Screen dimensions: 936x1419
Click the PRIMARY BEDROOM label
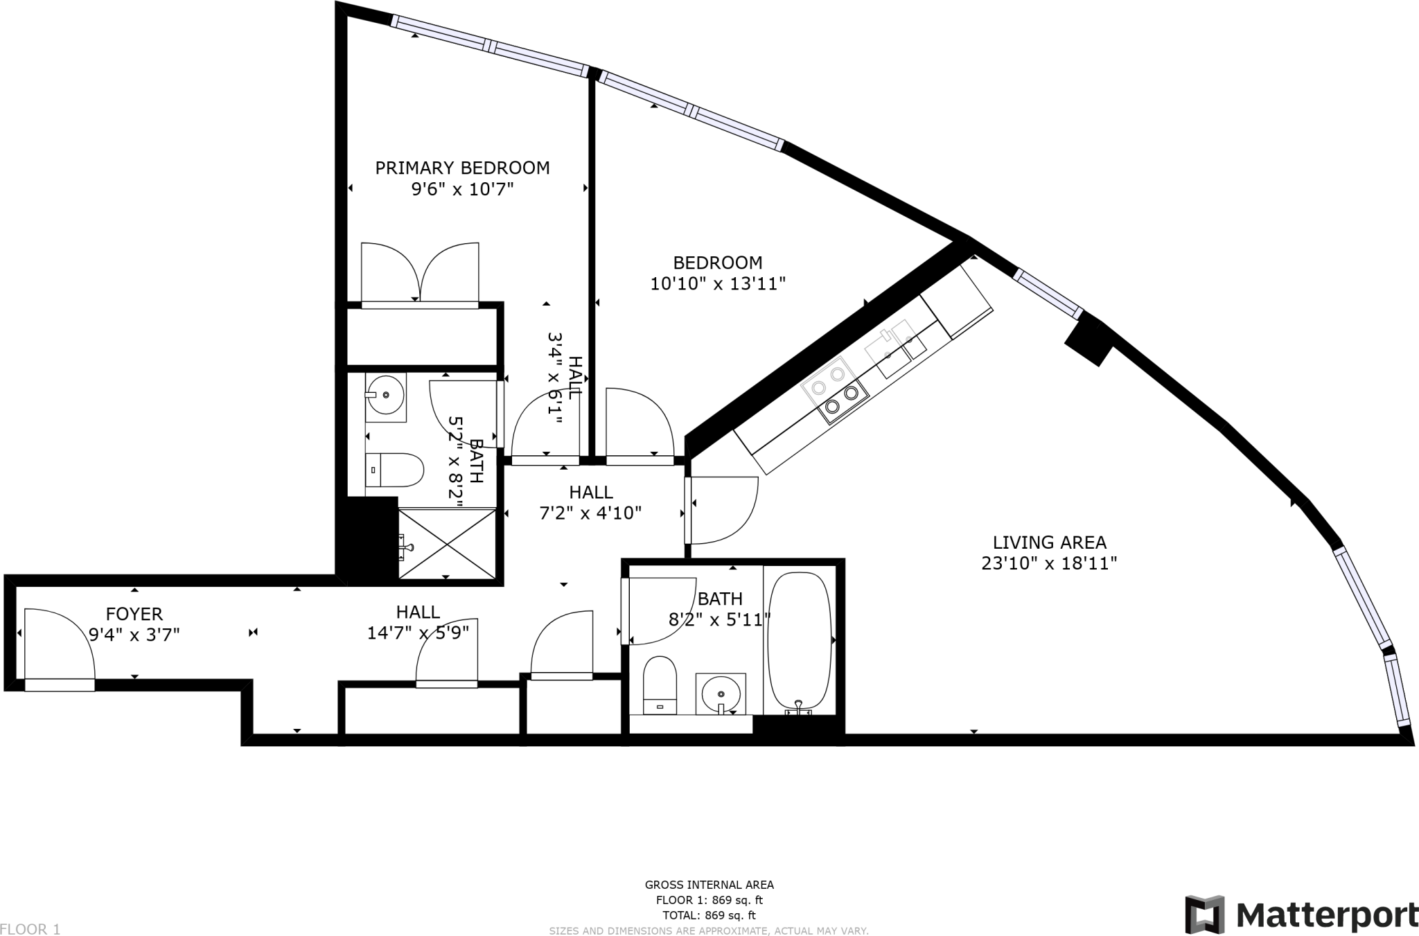pyautogui.click(x=462, y=168)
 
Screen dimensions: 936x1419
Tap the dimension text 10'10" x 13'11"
pyautogui.click(x=718, y=284)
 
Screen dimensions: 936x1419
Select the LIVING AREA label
pyautogui.click(x=1049, y=542)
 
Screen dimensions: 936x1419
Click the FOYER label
pyautogui.click(x=134, y=614)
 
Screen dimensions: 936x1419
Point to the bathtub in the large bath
pyautogui.click(x=800, y=641)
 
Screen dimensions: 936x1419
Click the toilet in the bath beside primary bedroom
pyautogui.click(x=394, y=470)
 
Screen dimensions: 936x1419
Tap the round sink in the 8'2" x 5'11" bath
pyautogui.click(x=721, y=691)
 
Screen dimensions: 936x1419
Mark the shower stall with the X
pyautogui.click(x=448, y=543)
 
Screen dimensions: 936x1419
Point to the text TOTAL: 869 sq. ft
pyautogui.click(x=709, y=915)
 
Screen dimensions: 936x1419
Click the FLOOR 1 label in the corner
pyautogui.click(x=30, y=929)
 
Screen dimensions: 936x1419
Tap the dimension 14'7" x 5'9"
pyautogui.click(x=418, y=633)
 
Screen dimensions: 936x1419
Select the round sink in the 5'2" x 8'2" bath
pyautogui.click(x=385, y=395)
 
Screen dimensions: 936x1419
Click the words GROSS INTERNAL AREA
pyautogui.click(x=709, y=885)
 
